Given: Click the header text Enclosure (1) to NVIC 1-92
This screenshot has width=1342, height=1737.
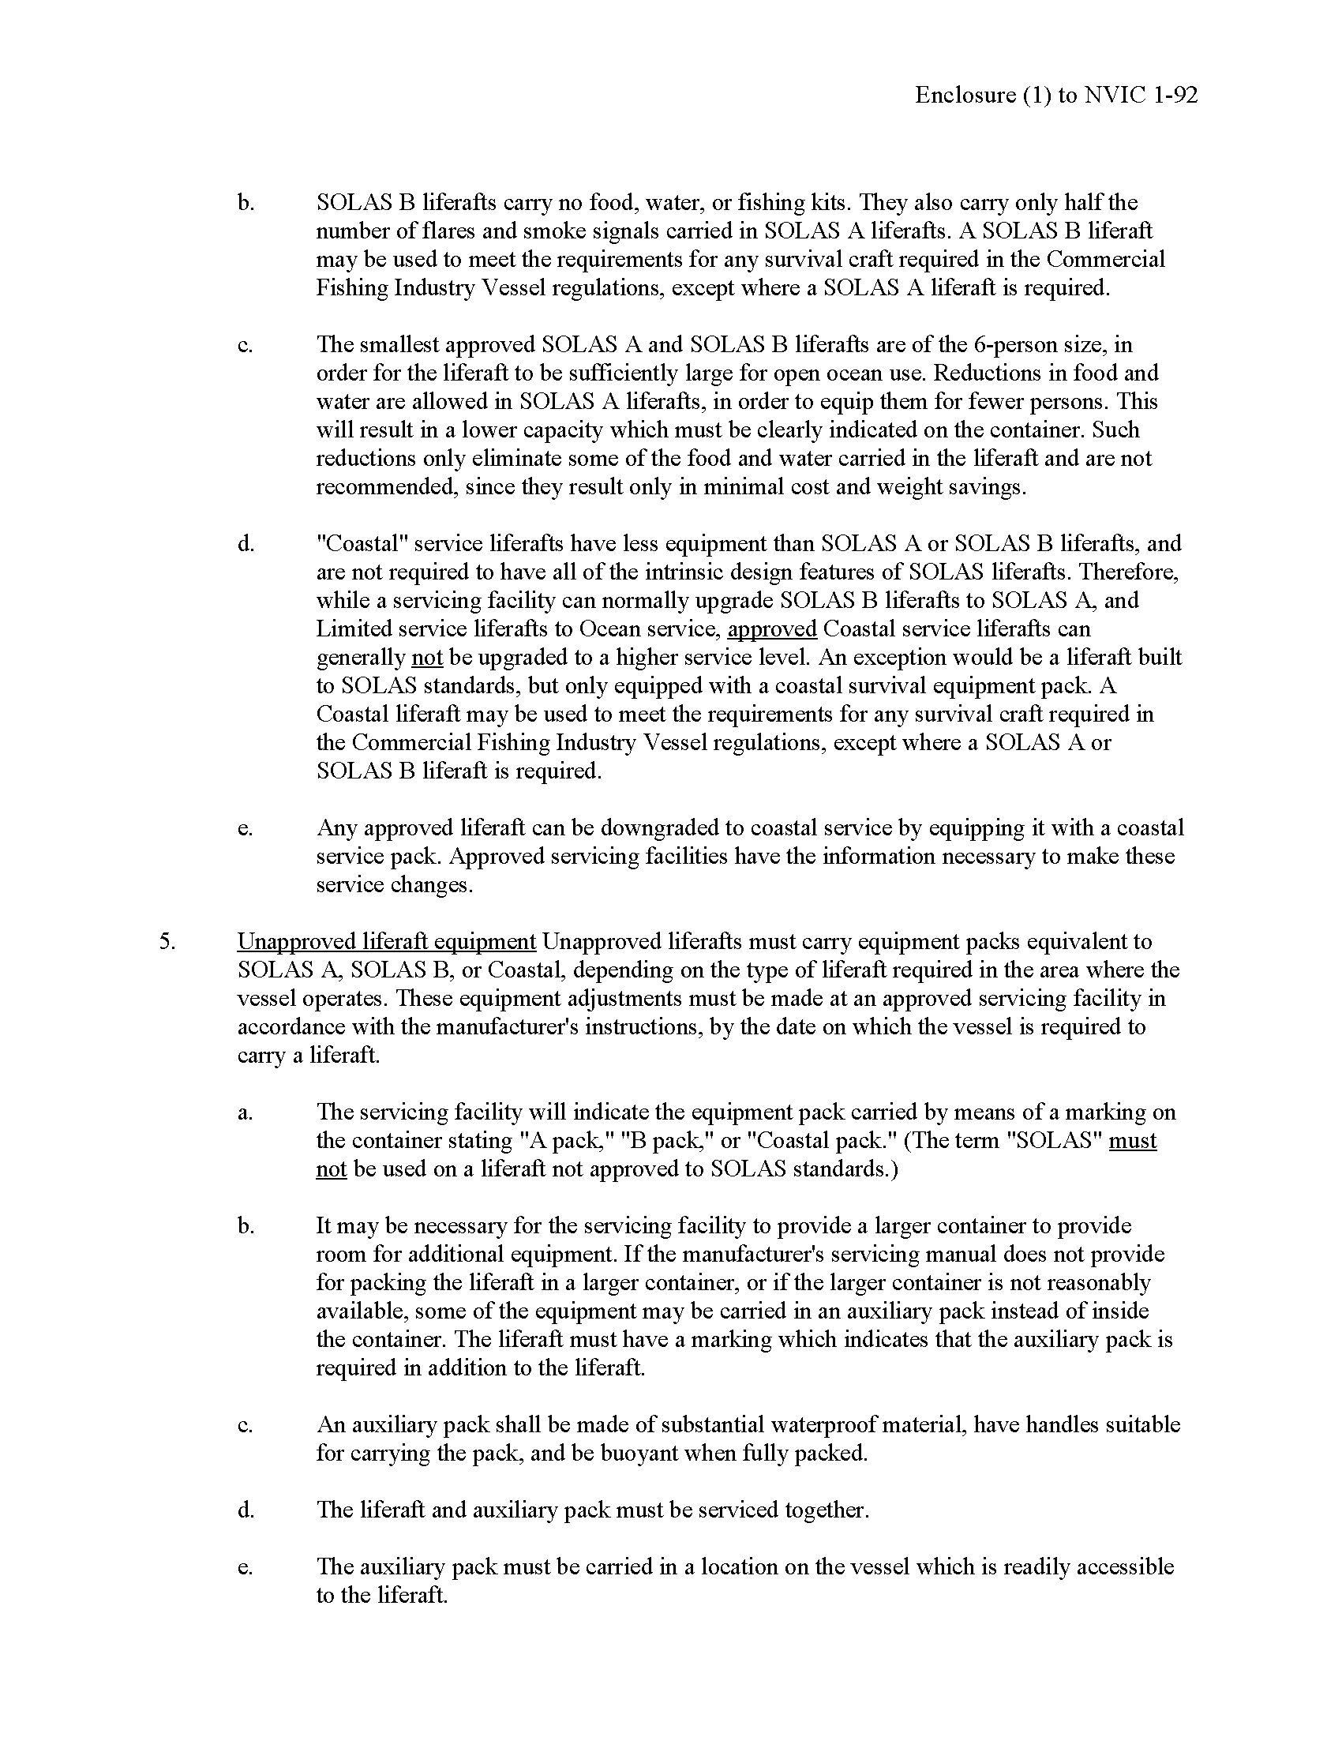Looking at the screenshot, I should (x=1055, y=96).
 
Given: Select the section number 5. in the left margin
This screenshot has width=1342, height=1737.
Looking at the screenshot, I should (x=167, y=942).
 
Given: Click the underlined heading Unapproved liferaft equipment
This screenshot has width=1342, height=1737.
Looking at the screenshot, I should (x=386, y=942).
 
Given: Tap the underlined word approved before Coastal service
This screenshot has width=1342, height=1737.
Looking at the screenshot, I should (x=771, y=629).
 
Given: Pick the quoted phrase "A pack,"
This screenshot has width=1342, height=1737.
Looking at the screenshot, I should (x=561, y=1141).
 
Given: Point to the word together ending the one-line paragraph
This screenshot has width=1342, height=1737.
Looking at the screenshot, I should (x=826, y=1510).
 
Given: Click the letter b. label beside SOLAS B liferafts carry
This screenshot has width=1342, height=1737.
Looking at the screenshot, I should (x=246, y=203).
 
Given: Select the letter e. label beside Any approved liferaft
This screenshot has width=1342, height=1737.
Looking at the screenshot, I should (x=246, y=828).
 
